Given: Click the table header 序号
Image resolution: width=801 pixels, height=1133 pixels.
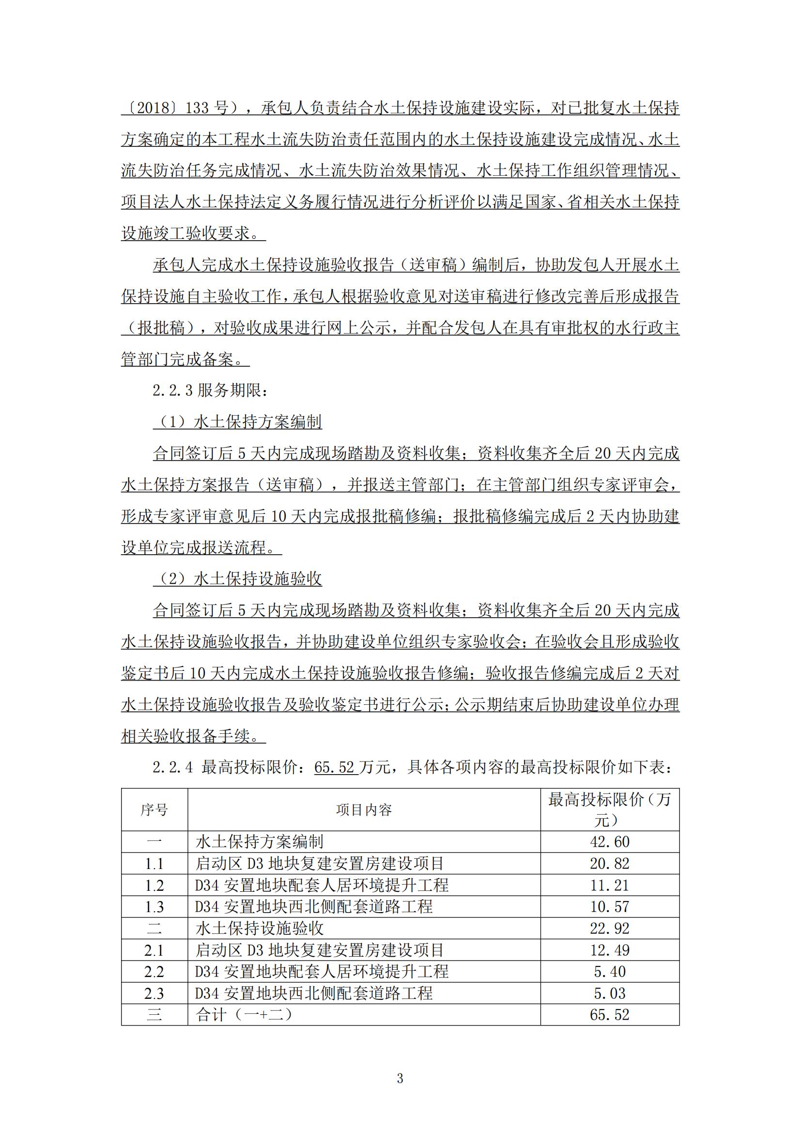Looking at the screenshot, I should [x=154, y=810].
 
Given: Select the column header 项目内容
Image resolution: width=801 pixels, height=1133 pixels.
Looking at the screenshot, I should [x=364, y=810].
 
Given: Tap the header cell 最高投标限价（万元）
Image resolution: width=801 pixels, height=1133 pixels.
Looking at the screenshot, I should [x=610, y=810].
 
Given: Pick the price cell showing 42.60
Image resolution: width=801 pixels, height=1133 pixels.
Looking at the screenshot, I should [x=610, y=841].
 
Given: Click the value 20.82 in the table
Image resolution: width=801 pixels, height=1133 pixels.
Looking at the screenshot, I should [x=610, y=863].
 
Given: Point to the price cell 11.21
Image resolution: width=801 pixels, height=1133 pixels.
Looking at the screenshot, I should [x=610, y=885].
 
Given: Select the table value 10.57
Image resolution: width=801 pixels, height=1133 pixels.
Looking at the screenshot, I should [x=610, y=906].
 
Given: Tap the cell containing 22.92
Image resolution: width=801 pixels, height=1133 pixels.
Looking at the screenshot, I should [x=610, y=928].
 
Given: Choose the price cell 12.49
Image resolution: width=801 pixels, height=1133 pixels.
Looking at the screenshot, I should [x=610, y=950].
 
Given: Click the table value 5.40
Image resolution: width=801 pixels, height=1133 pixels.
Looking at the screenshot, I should [x=610, y=972].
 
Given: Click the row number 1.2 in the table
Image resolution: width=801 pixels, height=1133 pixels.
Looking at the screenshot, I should [x=154, y=885].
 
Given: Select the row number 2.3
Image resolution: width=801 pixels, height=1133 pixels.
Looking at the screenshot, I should [x=154, y=993].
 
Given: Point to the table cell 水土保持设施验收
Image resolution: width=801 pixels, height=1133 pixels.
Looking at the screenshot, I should [x=260, y=928].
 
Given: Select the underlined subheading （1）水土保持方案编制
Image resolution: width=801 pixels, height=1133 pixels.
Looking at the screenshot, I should [x=238, y=422].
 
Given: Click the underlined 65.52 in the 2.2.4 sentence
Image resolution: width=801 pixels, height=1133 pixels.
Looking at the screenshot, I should [x=336, y=767].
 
